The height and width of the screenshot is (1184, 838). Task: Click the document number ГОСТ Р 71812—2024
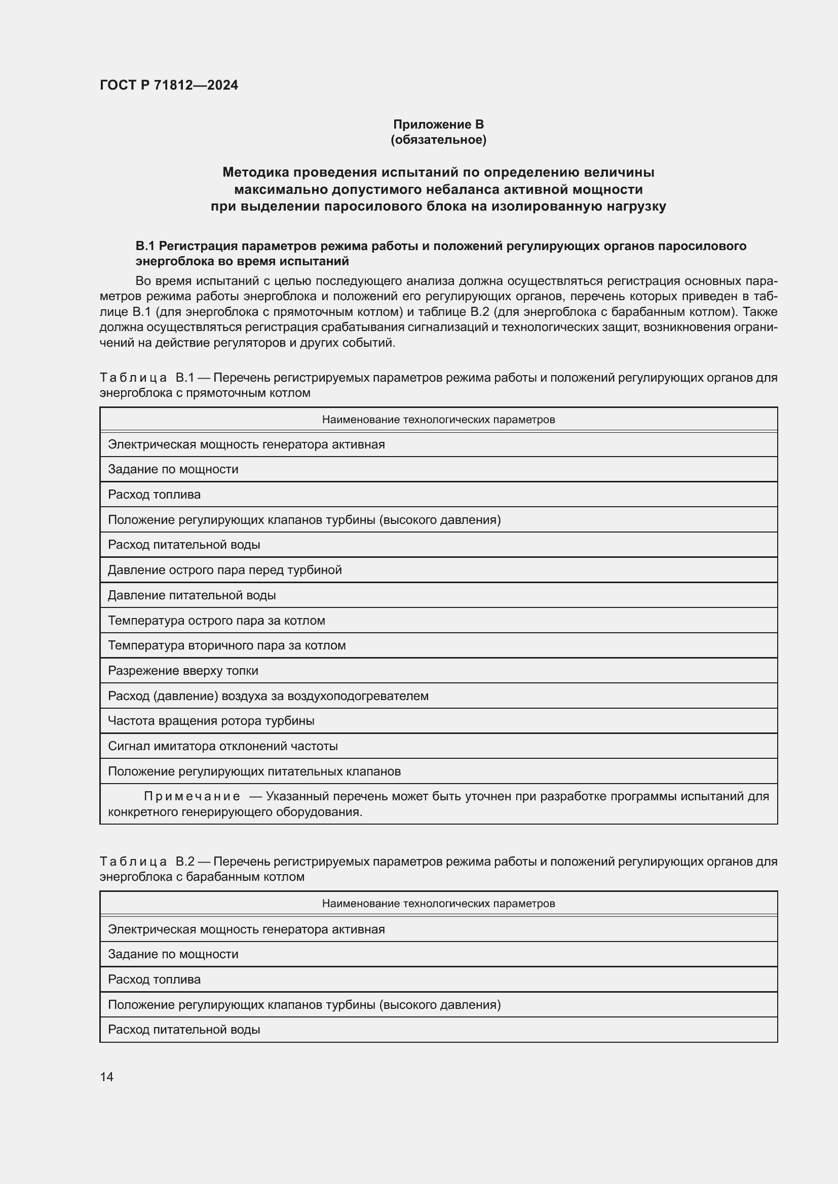[169, 85]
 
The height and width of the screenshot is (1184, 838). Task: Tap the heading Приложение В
[438, 125]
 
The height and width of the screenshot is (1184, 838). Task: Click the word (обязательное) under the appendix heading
[438, 140]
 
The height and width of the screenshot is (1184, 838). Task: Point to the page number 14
[106, 1077]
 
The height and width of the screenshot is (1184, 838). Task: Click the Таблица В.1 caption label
[146, 378]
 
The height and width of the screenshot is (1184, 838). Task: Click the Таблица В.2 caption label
[146, 861]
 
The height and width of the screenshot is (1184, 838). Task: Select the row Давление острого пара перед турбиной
[224, 570]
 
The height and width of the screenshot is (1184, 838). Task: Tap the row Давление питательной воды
[192, 595]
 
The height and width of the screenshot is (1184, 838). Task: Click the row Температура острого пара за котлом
[216, 621]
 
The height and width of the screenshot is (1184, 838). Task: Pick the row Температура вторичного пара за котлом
[226, 645]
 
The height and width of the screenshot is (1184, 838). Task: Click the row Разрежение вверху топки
[183, 670]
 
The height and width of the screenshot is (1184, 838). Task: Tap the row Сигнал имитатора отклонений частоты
[222, 746]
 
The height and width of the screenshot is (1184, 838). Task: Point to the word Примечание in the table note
[192, 796]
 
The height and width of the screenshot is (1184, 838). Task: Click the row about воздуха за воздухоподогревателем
[268, 696]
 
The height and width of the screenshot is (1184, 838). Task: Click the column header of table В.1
[438, 419]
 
